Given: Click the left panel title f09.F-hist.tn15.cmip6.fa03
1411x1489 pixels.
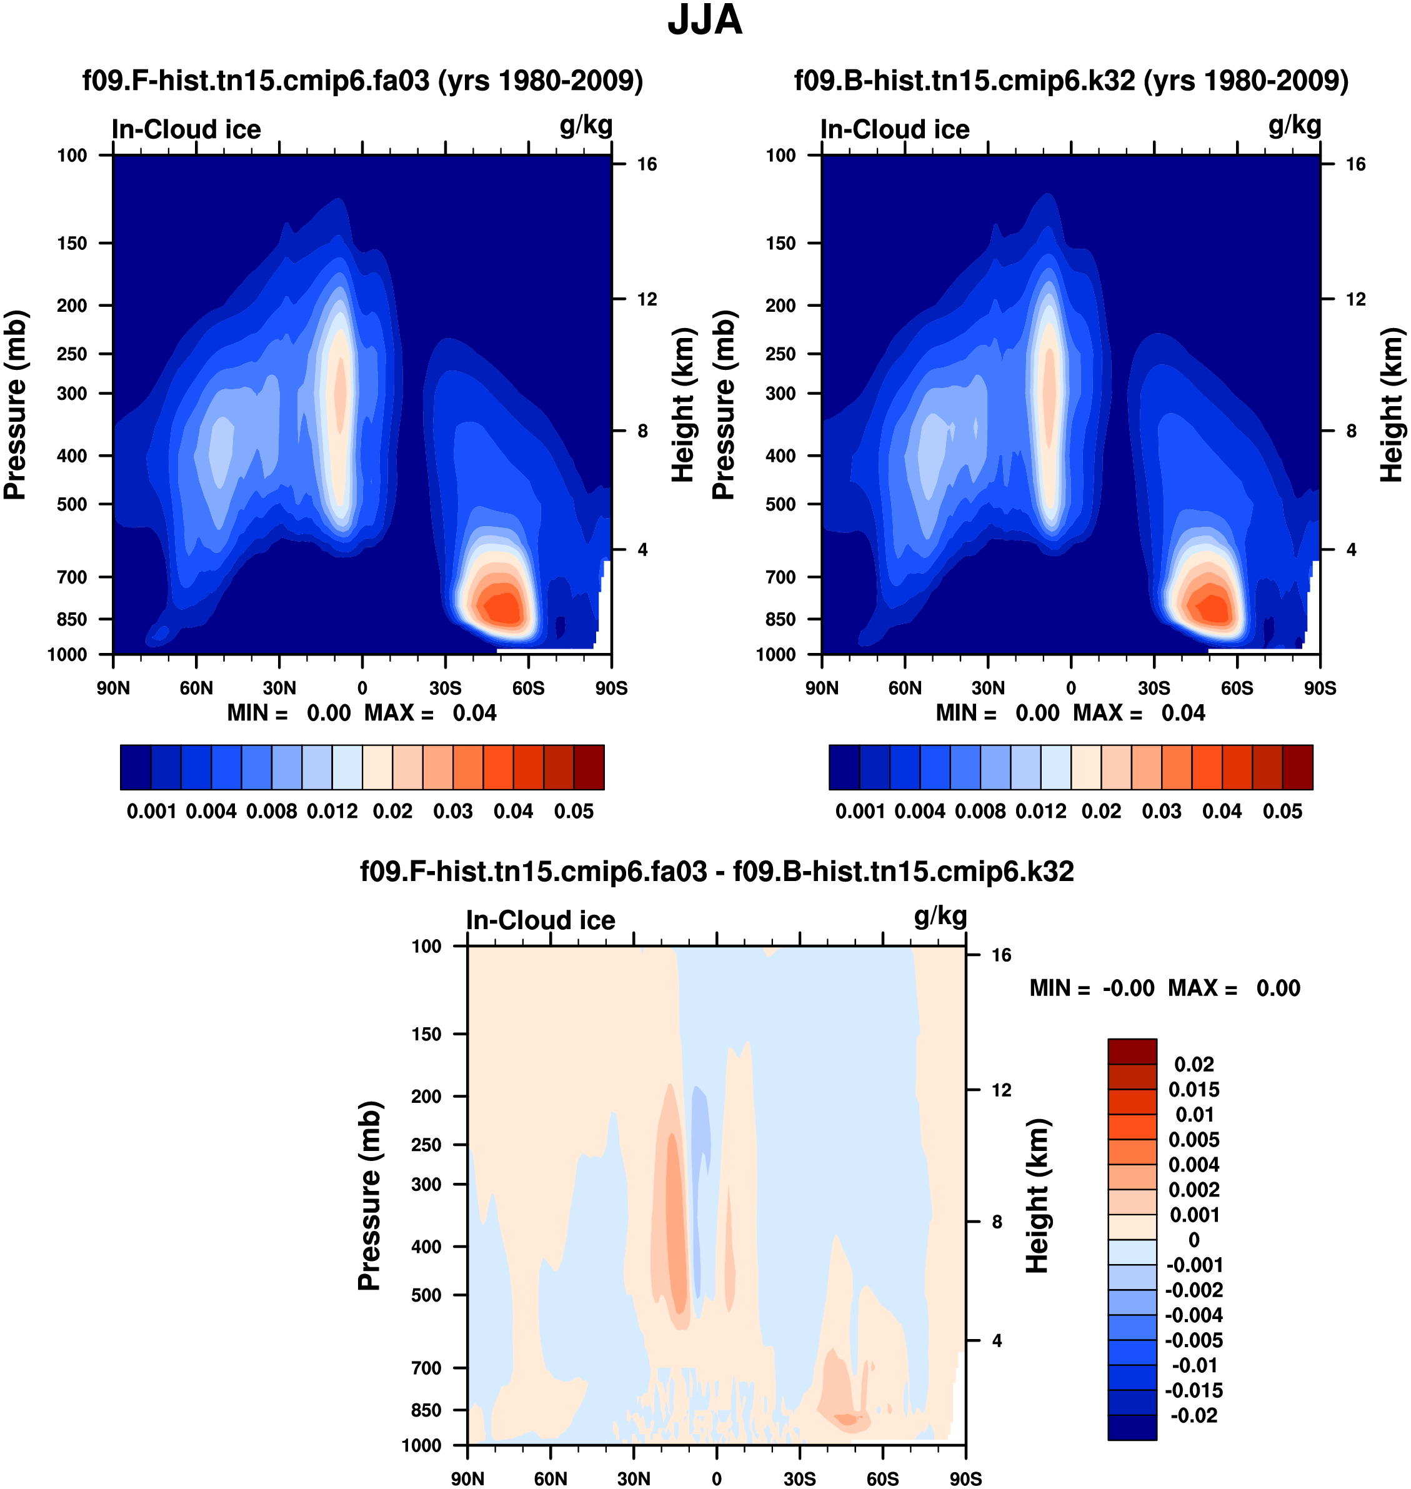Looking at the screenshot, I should tap(362, 81).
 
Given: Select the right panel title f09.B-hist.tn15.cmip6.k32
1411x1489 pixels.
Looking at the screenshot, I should tap(1071, 81).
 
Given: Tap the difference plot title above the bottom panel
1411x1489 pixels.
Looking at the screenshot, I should tap(717, 872).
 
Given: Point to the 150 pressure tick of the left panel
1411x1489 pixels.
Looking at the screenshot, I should tap(72, 244).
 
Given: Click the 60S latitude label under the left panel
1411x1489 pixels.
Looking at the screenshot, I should tap(528, 688).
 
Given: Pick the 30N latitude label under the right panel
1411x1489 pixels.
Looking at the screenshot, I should tap(987, 688).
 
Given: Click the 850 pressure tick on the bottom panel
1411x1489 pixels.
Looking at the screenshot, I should tap(426, 1410).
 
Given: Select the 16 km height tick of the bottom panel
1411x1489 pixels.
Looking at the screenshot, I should tap(1001, 955).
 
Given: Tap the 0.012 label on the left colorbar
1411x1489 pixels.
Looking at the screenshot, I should tap(332, 812).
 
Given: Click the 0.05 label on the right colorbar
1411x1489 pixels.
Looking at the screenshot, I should tap(1282, 812).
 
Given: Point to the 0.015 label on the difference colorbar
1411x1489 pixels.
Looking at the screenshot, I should tap(1194, 1090).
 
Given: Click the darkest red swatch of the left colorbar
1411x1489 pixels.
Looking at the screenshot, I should tap(589, 767).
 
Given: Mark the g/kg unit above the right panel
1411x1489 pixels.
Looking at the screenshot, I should tap(1294, 125).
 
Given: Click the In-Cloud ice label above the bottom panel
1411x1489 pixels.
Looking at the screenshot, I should tap(540, 920).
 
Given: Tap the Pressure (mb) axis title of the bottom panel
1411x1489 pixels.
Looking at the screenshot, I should tap(369, 1196).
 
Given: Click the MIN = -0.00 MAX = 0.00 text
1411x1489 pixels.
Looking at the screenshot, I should tap(1164, 988).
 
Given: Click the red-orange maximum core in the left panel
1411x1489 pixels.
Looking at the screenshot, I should tap(502, 607).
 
